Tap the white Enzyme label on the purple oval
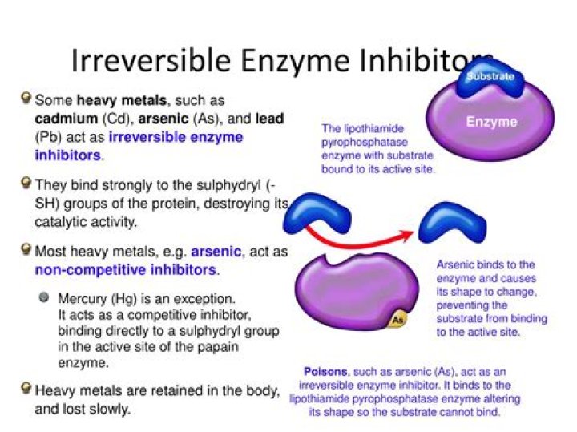pyautogui.click(x=491, y=122)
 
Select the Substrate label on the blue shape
pyautogui.click(x=490, y=76)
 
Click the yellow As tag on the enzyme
pyautogui.click(x=397, y=320)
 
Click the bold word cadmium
pyautogui.click(x=67, y=119)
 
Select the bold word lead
pyautogui.click(x=270, y=119)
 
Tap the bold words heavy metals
pyautogui.click(x=122, y=100)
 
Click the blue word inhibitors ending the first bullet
pyautogui.click(x=67, y=155)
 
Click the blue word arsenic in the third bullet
pyautogui.click(x=216, y=252)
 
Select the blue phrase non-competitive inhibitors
pyautogui.click(x=126, y=270)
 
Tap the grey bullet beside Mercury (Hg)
pyautogui.click(x=44, y=297)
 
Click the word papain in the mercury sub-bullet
pyautogui.click(x=218, y=347)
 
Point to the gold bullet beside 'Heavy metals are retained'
pyautogui.click(x=26, y=388)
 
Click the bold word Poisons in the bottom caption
pyautogui.click(x=325, y=372)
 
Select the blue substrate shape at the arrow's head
pyautogui.click(x=453, y=222)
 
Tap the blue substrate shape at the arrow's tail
pyautogui.click(x=317, y=213)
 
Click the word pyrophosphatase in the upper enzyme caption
pyautogui.click(x=365, y=143)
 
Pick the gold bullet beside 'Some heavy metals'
pyautogui.click(x=26, y=98)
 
